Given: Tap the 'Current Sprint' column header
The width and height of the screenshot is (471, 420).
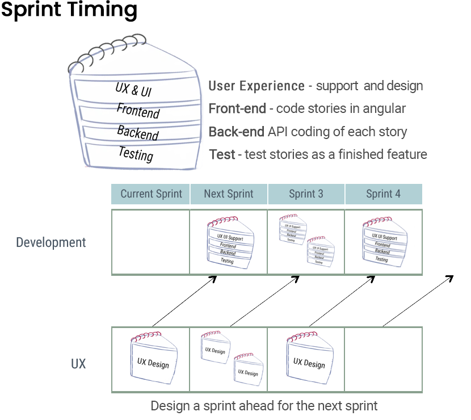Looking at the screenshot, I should point(151,194).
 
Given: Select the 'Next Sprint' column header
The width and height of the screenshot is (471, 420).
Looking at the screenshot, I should point(229,194).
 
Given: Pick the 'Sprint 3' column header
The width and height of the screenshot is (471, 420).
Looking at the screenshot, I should point(306,194).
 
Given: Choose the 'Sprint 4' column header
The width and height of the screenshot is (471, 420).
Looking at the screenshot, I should point(383,194).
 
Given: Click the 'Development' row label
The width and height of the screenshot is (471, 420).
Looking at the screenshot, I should point(51,242).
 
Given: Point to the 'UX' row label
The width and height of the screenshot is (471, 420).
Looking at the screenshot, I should point(78,364).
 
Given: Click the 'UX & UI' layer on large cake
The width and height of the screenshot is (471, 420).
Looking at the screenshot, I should point(133,90).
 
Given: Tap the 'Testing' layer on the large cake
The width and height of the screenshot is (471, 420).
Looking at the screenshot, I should point(136,153).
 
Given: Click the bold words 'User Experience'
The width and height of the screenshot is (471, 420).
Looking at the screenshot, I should point(256,86).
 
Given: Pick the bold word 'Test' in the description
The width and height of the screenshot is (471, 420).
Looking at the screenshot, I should point(222,154).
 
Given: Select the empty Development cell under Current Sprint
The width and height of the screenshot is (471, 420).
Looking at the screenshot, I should point(151,242).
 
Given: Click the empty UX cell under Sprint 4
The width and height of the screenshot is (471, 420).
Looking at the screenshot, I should point(383,359).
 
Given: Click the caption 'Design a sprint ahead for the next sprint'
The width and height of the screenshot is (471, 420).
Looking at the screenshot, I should point(264,406).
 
